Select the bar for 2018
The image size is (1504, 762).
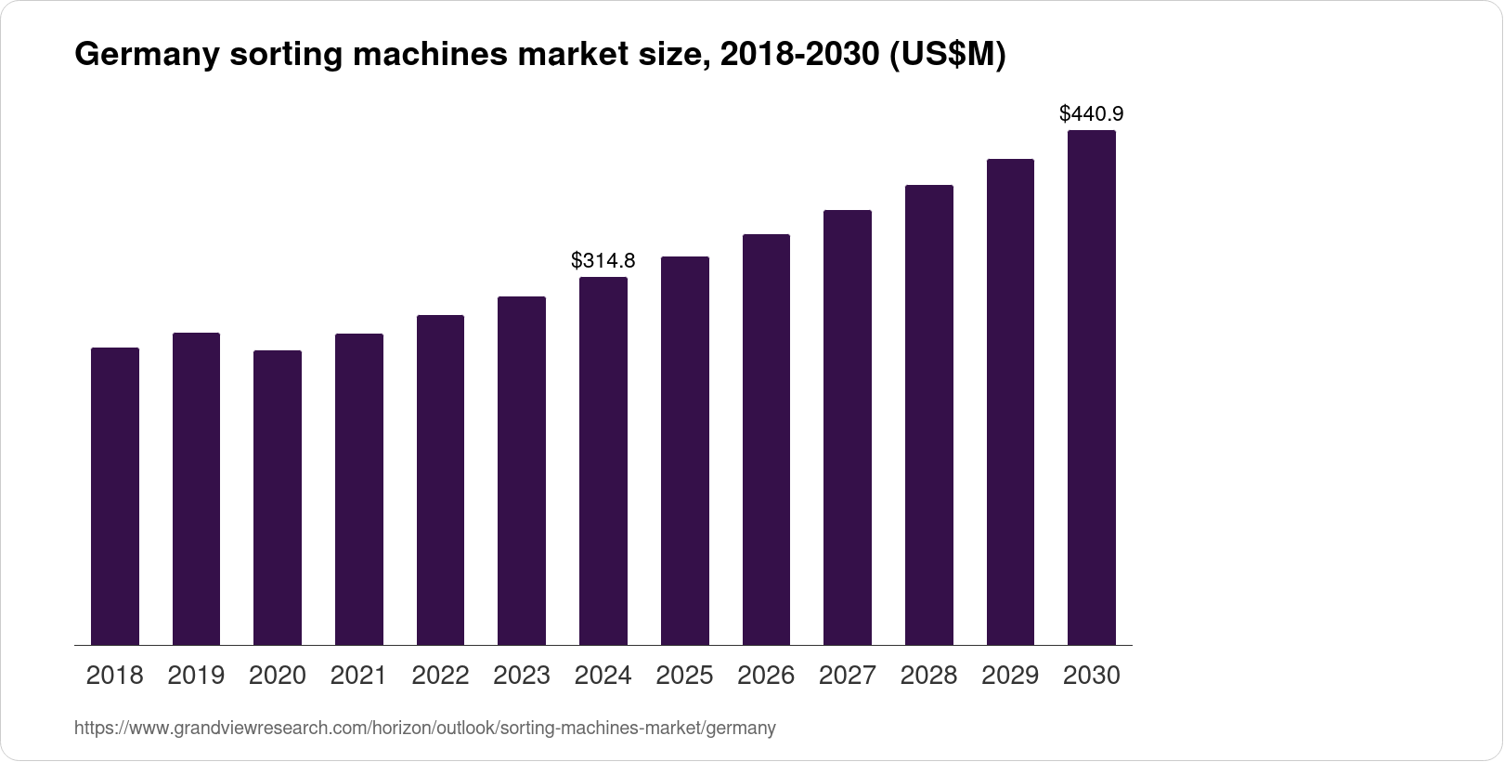115,496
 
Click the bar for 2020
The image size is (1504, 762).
278,498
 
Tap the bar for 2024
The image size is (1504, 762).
603,461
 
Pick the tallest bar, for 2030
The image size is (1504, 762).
1092,388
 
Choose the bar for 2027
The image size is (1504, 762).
848,427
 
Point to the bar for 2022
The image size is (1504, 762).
440,480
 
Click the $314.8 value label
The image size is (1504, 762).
603,260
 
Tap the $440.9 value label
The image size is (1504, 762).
1092,114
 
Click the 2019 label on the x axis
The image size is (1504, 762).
196,676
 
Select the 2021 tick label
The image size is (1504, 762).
359,676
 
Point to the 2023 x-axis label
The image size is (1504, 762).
522,676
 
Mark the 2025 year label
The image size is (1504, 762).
684,676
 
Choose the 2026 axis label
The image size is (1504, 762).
766,676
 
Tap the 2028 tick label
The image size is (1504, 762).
928,676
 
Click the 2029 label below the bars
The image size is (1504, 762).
1010,676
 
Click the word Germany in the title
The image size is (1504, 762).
147,56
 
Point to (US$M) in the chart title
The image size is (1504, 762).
948,56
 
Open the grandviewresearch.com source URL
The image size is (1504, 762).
424,729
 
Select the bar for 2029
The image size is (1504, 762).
1010,402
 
